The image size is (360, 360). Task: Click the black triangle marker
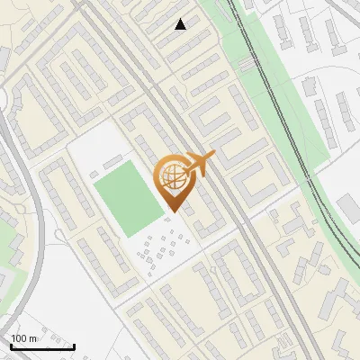point(181,24)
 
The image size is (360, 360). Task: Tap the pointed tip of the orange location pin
point(174,211)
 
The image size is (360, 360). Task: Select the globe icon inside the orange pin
point(174,177)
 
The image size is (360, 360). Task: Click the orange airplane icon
point(201,164)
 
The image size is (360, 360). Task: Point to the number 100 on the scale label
point(19,337)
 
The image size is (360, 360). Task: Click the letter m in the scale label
point(33,337)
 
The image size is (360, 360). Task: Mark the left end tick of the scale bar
point(11,346)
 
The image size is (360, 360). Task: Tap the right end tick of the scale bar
point(74,346)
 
